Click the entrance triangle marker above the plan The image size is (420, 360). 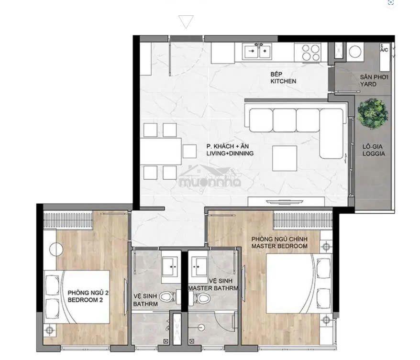(186, 22)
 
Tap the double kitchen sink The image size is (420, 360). (256, 51)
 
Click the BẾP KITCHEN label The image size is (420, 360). (283, 77)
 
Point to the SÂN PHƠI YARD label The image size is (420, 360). (374, 81)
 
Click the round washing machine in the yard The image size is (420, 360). (355, 52)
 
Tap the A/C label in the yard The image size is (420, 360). (385, 50)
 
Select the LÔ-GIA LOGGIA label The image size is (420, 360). (374, 150)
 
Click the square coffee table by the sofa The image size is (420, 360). (285, 158)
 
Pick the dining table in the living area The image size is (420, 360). (161, 151)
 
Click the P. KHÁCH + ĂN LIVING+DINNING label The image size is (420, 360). (230, 150)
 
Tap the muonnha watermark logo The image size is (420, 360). (210, 178)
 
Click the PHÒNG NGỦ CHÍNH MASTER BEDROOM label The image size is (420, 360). (279, 242)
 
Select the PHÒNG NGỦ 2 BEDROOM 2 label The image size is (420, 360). (88, 296)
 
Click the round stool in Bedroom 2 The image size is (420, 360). (56, 249)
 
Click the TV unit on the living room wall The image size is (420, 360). (286, 201)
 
